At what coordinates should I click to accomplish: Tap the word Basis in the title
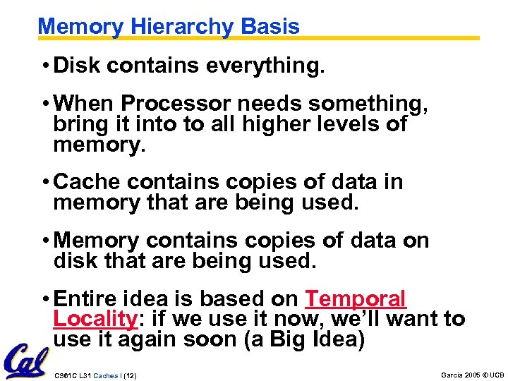coord(270,27)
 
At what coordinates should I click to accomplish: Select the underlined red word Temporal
coord(356,298)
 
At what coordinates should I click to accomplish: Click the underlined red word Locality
coord(95,319)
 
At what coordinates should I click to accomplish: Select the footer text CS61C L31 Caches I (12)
coord(95,375)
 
